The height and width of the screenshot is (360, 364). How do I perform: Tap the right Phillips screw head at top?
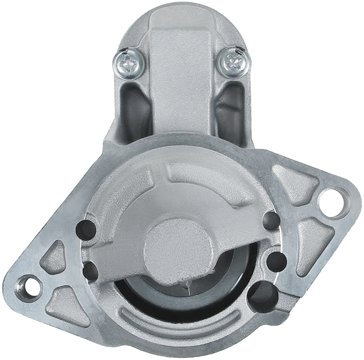coord(234,60)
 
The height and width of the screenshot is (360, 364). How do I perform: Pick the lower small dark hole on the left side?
coord(91,271)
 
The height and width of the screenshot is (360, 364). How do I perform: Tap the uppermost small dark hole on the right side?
coord(272,222)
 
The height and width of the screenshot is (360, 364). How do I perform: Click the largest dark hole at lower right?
coord(263,295)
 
